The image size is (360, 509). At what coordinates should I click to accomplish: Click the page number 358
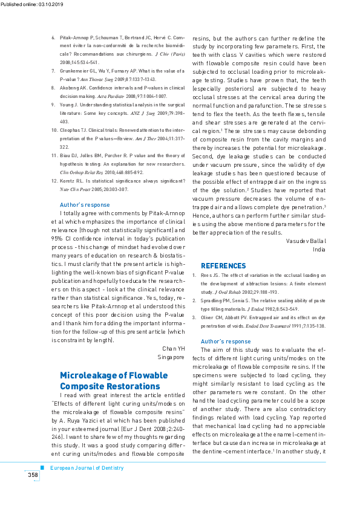33,475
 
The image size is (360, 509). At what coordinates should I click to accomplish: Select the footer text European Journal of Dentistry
87,468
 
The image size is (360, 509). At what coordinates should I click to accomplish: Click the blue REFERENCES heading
223,266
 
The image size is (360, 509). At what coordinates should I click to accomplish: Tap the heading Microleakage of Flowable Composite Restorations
110,381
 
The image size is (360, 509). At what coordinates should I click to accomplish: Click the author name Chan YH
173,349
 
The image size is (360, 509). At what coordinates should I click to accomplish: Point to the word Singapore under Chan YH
171,357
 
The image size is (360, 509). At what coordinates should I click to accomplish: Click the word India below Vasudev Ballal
319,249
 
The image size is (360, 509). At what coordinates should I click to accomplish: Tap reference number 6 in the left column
54,37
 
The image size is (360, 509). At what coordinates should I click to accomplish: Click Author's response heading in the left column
85,205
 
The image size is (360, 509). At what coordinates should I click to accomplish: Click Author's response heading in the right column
226,342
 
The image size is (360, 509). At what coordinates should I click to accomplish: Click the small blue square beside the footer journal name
42,467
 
